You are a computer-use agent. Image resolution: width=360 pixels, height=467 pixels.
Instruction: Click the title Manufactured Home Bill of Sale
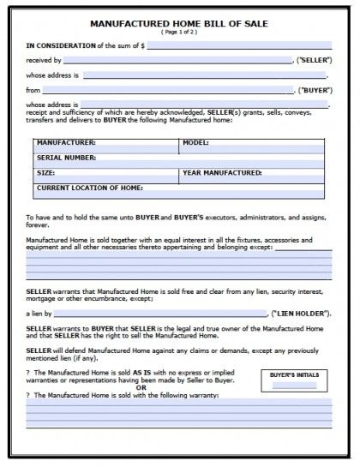[179, 23]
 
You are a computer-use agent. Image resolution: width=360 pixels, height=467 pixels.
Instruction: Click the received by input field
[177, 60]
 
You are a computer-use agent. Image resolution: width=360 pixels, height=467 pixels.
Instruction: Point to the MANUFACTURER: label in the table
[66, 142]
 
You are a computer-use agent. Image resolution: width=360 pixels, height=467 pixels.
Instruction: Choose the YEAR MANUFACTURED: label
[222, 172]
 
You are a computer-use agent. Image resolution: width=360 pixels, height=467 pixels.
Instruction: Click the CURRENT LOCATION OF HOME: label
[89, 187]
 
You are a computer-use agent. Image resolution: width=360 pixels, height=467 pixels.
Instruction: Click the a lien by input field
[162, 314]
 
